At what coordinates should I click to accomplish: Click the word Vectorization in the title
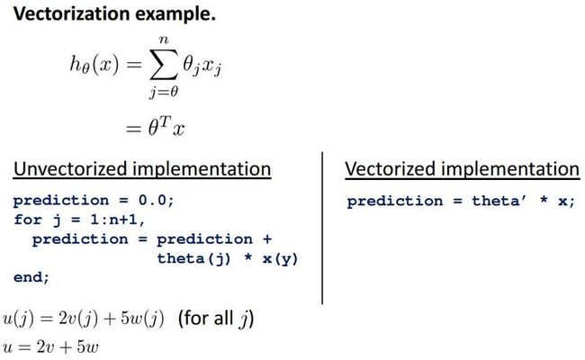click(x=72, y=13)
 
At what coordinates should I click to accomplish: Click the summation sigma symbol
click(x=163, y=65)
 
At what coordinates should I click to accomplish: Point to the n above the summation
click(x=164, y=40)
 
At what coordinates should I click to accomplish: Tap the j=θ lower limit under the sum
click(x=164, y=91)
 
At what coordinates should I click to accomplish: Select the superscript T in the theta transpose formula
click(x=166, y=121)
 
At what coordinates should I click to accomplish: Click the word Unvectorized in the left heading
click(x=71, y=169)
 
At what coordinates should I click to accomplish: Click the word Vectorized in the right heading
click(x=390, y=169)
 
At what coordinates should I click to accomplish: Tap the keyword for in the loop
click(x=28, y=220)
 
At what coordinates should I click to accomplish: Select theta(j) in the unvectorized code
click(x=193, y=258)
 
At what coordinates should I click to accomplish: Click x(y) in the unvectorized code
click(x=280, y=258)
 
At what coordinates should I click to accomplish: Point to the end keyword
click(x=31, y=277)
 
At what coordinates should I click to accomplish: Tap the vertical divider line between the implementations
click(x=322, y=228)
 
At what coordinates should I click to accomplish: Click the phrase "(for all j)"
click(x=216, y=319)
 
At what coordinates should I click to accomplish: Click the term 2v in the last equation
click(x=46, y=346)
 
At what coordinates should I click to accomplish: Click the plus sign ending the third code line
click(x=267, y=239)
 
